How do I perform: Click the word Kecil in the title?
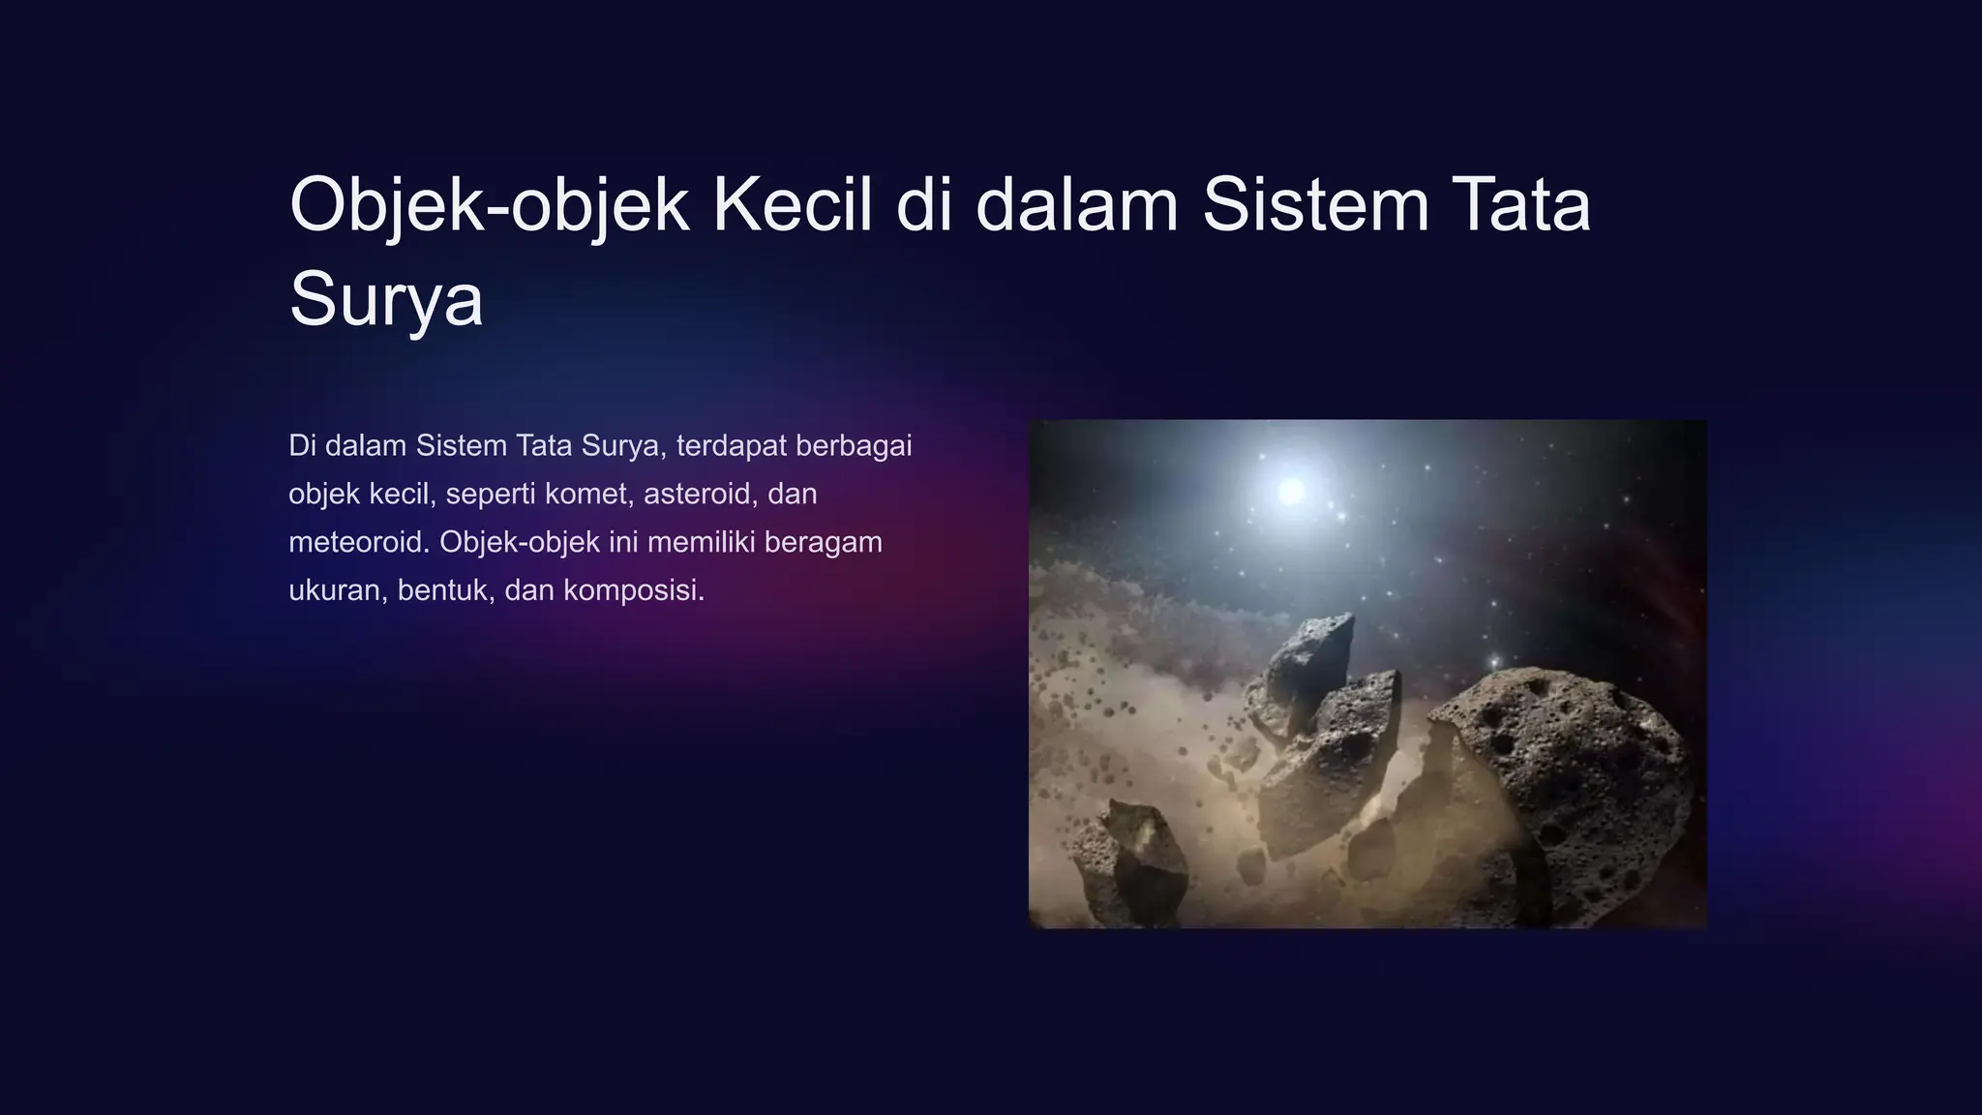coord(792,205)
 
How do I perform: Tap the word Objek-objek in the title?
coord(489,205)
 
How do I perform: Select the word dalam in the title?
coord(1076,205)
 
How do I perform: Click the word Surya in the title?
coord(386,300)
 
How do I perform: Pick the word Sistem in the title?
coord(1315,205)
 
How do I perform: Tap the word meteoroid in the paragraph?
coord(358,542)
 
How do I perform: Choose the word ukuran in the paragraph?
coord(335,590)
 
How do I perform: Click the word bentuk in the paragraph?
coord(443,590)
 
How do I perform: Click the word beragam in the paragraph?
coord(823,542)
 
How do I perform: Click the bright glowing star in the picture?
coord(1291,491)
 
